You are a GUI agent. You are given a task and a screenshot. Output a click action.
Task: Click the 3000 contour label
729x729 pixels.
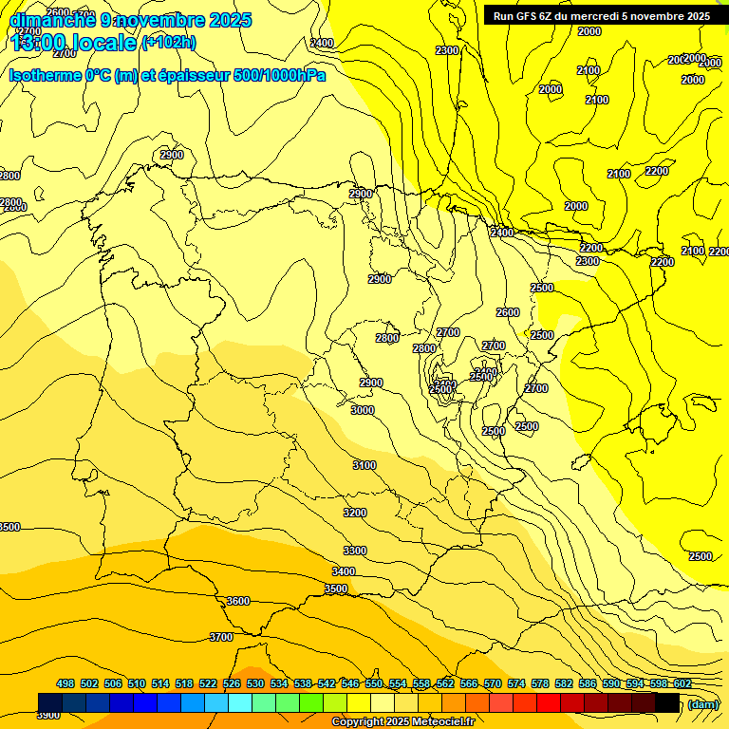click(363, 410)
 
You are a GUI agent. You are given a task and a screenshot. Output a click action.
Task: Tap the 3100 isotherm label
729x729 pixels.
click(364, 465)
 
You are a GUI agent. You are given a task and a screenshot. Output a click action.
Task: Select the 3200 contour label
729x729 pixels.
click(355, 513)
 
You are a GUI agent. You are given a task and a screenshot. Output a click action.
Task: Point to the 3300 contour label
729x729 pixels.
click(355, 551)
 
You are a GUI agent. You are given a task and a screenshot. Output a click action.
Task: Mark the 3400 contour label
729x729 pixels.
click(344, 571)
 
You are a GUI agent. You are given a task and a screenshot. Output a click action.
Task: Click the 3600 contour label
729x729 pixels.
click(238, 601)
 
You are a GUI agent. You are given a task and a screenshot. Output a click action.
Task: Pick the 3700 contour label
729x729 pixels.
click(221, 637)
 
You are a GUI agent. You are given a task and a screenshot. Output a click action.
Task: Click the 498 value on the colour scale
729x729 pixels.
click(65, 683)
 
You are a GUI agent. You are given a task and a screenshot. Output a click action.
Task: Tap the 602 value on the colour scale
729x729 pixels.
click(682, 683)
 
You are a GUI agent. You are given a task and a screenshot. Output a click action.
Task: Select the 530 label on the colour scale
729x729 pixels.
click(255, 683)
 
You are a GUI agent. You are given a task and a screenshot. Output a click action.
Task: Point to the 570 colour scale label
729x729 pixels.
click(493, 683)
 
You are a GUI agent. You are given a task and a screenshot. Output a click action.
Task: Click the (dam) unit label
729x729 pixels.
click(703, 703)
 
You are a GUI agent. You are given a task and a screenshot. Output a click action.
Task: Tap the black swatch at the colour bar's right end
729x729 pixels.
click(667, 702)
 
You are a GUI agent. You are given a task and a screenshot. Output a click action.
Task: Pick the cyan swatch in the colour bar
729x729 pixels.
click(240, 702)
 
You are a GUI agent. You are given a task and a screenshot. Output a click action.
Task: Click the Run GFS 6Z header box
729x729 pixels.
click(602, 16)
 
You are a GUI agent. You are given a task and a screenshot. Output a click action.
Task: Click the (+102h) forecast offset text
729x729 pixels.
click(168, 42)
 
